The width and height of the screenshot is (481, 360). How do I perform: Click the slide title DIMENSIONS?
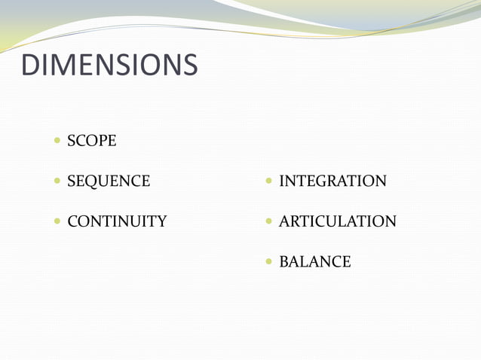[109, 66]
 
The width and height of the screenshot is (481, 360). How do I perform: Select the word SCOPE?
[92, 141]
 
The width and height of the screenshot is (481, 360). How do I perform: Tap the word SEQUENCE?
[109, 182]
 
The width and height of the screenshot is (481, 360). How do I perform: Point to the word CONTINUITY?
[117, 221]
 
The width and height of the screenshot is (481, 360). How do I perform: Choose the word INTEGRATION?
[332, 182]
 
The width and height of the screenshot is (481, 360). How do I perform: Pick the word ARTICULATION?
[337, 221]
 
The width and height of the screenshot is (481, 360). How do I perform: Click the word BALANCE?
[314, 262]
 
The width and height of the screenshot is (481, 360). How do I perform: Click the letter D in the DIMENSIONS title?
[32, 66]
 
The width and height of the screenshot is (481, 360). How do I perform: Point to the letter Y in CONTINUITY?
[161, 221]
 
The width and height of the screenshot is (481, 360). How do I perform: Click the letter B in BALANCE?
[284, 262]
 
